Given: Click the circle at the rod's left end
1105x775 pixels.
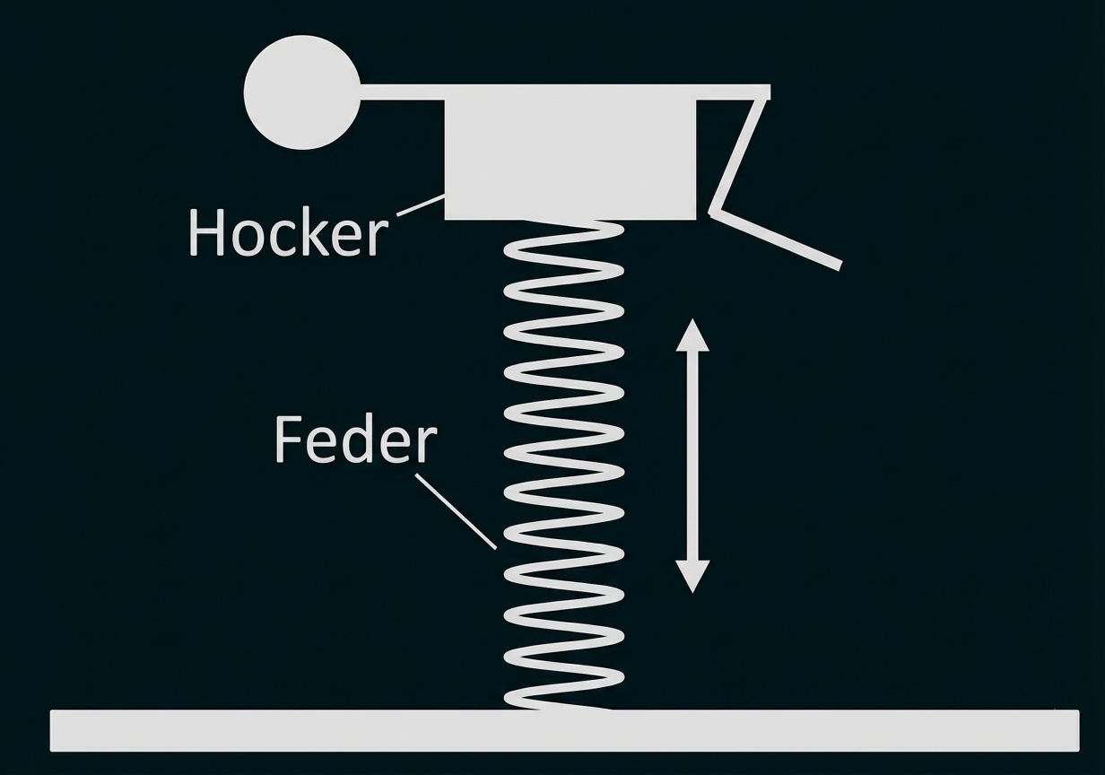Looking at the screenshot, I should pos(301,91).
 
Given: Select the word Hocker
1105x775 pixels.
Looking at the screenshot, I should pos(288,232).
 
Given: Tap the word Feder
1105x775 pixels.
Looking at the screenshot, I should pos(355,440).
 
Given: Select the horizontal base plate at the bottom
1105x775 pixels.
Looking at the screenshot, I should pos(564,730).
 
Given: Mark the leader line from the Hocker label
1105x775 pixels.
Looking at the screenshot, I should pos(420,205).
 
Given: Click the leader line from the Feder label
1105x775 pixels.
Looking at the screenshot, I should pos(456,510).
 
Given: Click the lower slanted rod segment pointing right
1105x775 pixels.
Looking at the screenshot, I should pos(777,239).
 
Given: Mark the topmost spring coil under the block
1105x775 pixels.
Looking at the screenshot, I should pos(565,236).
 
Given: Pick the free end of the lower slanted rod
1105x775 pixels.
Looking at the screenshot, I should pos(839,265).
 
